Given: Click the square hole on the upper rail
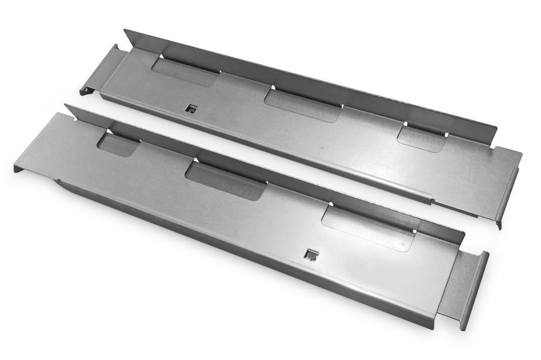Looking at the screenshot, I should pyautogui.click(x=191, y=109).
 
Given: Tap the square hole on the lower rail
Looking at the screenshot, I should pyautogui.click(x=311, y=255).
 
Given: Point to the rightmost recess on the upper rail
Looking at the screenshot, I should pyautogui.click(x=421, y=138).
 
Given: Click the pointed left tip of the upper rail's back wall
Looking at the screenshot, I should pyautogui.click(x=124, y=31).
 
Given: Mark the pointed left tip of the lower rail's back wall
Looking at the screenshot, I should pyautogui.click(x=66, y=106).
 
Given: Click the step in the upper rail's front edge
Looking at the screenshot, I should pyautogui.click(x=433, y=202).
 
